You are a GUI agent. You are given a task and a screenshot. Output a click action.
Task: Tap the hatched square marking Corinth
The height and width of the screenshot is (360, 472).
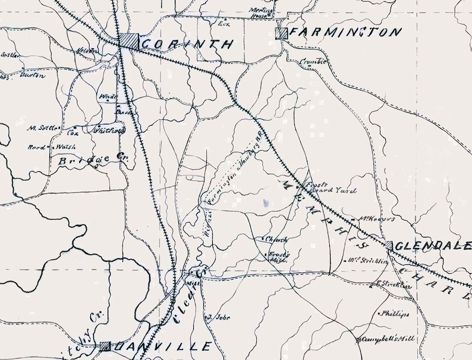tap(127, 41)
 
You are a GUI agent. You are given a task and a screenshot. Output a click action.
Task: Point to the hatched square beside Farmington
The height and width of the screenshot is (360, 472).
tap(282, 33)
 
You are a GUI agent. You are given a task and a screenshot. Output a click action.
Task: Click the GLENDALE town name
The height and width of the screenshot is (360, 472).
tap(432, 246)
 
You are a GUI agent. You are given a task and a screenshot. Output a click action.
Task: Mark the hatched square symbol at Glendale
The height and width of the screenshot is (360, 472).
tap(389, 245)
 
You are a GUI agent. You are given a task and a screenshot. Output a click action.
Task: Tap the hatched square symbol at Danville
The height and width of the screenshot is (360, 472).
tap(106, 346)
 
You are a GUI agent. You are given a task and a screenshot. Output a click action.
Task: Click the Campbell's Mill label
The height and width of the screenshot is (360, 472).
tap(387, 340)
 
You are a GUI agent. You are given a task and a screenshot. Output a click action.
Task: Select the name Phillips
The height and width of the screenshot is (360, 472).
tap(395, 314)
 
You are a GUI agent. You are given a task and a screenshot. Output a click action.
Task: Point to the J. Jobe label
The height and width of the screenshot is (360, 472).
tap(219, 317)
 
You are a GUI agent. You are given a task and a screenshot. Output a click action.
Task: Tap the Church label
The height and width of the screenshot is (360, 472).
tap(276, 240)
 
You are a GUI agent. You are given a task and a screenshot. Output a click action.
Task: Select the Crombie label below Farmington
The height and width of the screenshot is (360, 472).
tap(313, 61)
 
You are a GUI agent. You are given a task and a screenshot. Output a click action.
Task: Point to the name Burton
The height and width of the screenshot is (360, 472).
tap(32, 75)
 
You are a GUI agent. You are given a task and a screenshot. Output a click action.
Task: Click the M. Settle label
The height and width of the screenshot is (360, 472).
tap(43, 127)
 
